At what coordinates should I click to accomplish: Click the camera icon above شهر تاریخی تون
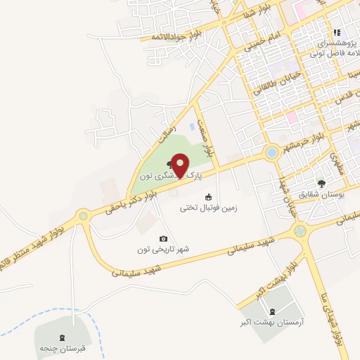[164, 239]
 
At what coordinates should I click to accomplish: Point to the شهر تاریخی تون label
[164, 249]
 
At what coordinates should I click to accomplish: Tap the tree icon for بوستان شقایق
[321, 184]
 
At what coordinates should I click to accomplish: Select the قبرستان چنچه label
[62, 347]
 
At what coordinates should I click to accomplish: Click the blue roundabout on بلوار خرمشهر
[271, 153]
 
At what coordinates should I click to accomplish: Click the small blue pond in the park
[193, 126]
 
